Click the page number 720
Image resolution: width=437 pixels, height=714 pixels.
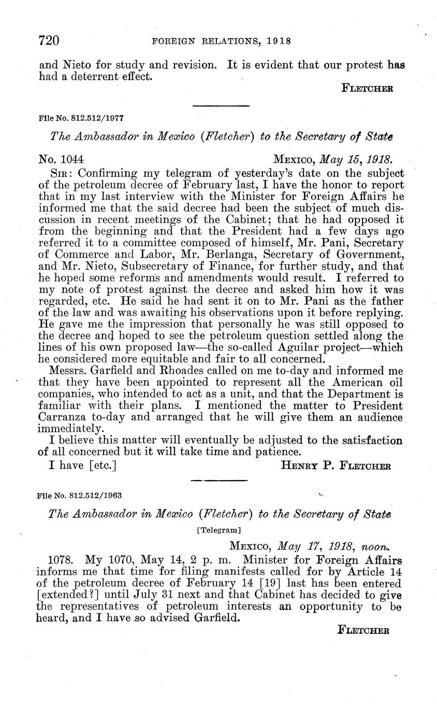pos(50,40)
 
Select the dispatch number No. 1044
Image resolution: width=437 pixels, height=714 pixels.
pos(62,158)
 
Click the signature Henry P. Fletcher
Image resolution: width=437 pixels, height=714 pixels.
pos(336,465)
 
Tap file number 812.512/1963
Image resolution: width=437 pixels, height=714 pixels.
pos(80,495)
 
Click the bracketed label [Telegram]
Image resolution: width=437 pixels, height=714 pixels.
pos(219,530)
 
